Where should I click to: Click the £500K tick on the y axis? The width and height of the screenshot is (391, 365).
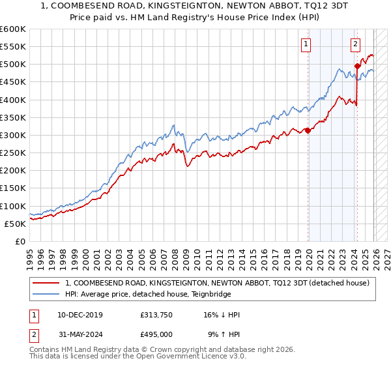coord(13,65)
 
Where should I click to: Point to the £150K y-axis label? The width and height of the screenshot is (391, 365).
coord(13,188)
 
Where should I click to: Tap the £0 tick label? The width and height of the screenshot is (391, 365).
coord(20,242)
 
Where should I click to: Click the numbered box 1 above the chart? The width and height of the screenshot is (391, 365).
coord(306,44)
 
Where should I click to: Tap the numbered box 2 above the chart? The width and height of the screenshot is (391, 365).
coord(355,44)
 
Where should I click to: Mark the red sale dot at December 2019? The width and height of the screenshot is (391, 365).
coord(308,130)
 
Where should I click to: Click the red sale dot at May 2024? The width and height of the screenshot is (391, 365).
coord(357,66)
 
